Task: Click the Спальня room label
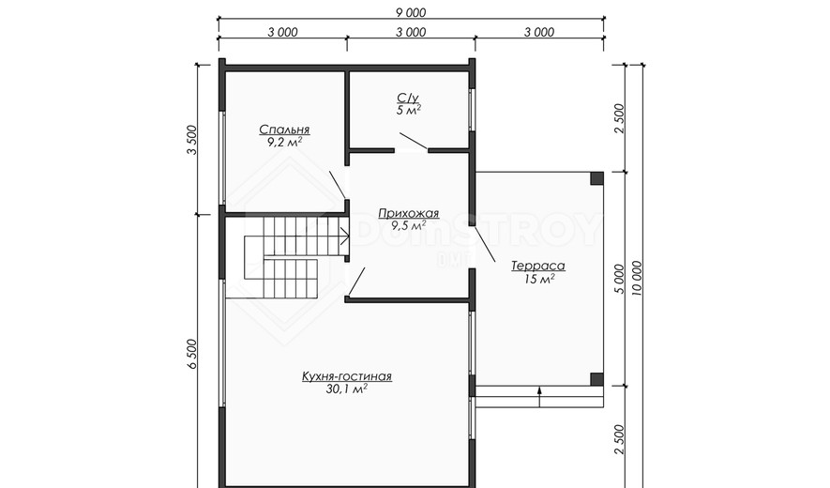(284, 130)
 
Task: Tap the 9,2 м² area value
(285, 142)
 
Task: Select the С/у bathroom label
(408, 98)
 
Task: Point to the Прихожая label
(409, 214)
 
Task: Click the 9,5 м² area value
(409, 226)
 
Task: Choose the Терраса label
(538, 266)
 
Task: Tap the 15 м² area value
(539, 279)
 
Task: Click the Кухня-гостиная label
(347, 376)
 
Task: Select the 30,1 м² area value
(347, 389)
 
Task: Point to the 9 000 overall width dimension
(411, 12)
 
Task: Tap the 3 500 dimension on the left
(191, 140)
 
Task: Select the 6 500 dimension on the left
(191, 355)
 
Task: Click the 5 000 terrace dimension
(619, 280)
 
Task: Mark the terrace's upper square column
(597, 178)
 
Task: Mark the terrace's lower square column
(597, 379)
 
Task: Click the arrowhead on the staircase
(345, 236)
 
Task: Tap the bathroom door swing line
(414, 141)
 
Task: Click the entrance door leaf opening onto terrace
(485, 245)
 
